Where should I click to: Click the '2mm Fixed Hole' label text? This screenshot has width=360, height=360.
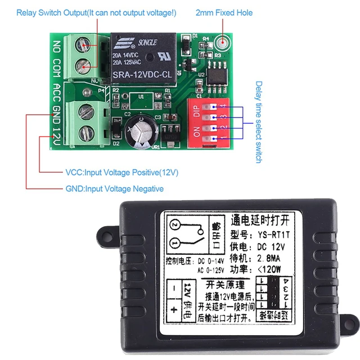point(224,12)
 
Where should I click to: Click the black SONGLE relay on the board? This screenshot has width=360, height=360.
point(143,57)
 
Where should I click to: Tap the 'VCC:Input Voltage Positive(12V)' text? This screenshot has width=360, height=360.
point(121,172)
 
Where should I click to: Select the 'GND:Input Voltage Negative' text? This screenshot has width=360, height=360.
point(114,189)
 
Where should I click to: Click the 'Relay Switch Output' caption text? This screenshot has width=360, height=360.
point(95,12)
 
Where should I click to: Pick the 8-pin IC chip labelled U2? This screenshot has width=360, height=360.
point(216,76)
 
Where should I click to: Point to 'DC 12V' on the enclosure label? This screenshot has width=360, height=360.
point(270,247)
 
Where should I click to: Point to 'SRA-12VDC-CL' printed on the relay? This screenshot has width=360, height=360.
point(142,74)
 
